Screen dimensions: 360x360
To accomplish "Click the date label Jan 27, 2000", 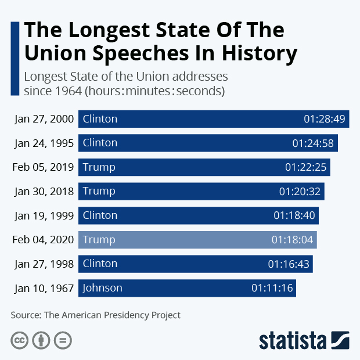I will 45,119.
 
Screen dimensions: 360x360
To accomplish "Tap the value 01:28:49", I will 325,119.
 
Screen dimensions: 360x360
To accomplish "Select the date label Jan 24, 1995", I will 45,143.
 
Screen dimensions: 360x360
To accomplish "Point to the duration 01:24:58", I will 313,143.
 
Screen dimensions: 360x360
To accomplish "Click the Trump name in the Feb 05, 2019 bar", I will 99,167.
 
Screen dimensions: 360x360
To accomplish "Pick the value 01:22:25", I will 306,167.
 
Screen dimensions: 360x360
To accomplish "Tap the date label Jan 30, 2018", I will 45,191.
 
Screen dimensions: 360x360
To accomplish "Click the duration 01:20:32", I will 300,191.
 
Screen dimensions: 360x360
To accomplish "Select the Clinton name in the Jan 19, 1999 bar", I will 100,215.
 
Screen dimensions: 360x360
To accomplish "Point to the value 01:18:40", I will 294,215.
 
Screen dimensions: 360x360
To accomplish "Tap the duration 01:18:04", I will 293,240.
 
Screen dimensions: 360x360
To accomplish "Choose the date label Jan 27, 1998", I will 45,264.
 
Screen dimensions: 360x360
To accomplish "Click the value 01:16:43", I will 289,264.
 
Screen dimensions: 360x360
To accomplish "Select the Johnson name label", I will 102,288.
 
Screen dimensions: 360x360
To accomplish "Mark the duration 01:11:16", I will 272,288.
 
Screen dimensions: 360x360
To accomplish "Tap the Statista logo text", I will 293,340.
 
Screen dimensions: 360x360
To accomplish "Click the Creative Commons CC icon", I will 19,340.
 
